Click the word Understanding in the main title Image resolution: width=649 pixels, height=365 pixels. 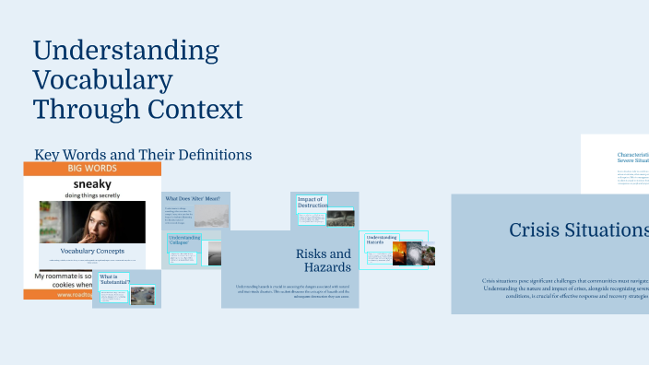coord(126,50)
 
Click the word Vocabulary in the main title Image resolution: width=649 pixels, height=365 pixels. coord(102,80)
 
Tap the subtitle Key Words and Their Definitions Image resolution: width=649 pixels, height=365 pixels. coord(143,155)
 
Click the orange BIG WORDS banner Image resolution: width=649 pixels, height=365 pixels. coord(92,170)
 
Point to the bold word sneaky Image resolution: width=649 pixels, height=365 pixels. coord(92,183)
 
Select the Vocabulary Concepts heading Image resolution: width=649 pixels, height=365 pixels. coord(92,251)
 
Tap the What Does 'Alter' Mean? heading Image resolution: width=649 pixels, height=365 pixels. coord(192,198)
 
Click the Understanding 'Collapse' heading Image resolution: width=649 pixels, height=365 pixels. coord(184,241)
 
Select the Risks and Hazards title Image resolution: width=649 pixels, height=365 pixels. coord(323,261)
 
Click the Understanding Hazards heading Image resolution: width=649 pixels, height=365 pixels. coord(382,241)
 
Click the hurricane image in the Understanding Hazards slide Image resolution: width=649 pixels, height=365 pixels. coord(427,254)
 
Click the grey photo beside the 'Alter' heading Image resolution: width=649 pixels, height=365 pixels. coord(211,215)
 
